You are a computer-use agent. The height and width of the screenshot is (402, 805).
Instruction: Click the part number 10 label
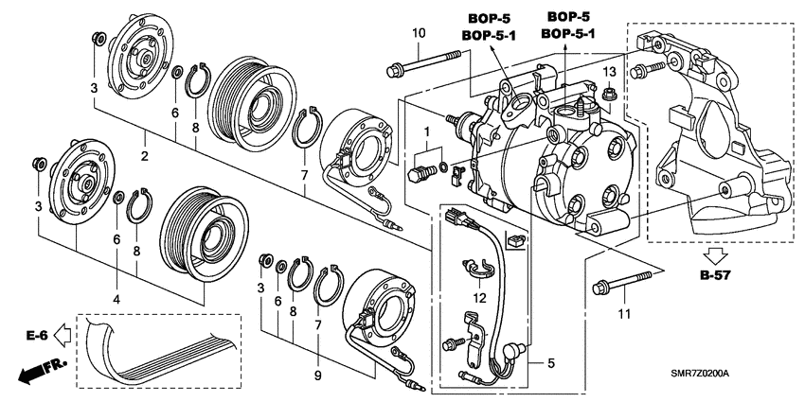[418, 35]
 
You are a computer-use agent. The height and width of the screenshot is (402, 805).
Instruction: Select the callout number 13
[610, 73]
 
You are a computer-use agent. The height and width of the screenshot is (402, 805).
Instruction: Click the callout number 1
[427, 130]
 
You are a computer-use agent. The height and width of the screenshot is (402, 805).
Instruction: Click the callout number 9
[317, 376]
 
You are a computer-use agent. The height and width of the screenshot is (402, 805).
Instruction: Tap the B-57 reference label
[717, 276]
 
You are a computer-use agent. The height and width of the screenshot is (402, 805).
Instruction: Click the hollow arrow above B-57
[718, 254]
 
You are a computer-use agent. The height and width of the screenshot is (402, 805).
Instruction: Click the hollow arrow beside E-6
[62, 333]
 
